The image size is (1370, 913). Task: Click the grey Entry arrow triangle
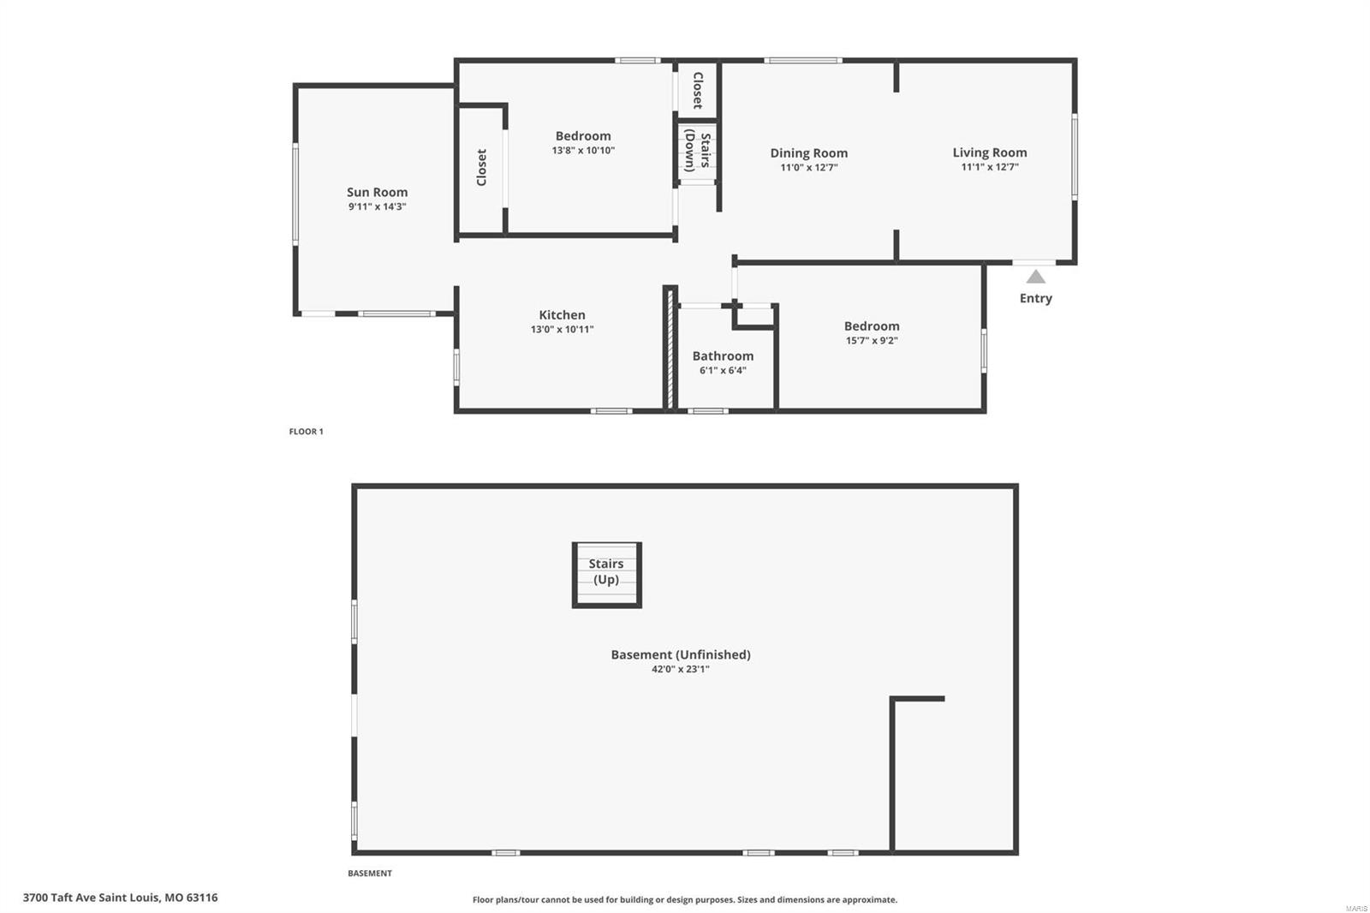[x=1036, y=277]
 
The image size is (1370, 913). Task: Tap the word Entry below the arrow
[x=1035, y=298]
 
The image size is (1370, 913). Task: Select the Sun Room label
[x=377, y=192]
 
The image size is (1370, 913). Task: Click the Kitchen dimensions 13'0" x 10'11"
[x=562, y=330]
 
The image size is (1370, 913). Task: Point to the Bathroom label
[x=723, y=355]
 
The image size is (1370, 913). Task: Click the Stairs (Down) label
[x=697, y=152]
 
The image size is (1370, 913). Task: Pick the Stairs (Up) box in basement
[x=606, y=574]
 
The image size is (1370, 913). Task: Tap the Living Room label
[x=989, y=152]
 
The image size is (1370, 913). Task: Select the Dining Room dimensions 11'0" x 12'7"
[x=808, y=168]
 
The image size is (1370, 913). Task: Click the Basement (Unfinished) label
[x=680, y=654]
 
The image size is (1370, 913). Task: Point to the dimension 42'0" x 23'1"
[x=680, y=670]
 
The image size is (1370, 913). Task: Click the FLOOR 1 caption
[x=306, y=432]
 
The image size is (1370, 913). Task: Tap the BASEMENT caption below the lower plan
[x=369, y=874]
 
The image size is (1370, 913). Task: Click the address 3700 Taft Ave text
[x=120, y=898]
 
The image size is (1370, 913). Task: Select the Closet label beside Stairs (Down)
[x=697, y=90]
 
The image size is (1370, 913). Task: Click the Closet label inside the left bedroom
[x=481, y=168]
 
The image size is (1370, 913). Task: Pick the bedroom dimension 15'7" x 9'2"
[x=871, y=341]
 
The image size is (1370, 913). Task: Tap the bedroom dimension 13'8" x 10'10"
[x=583, y=151]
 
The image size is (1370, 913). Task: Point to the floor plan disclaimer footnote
[x=684, y=900]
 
